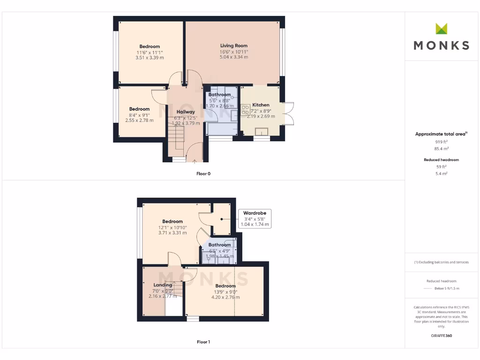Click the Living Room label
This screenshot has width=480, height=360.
[234, 46]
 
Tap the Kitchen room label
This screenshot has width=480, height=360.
[261, 105]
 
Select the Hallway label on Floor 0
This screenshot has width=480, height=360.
[186, 112]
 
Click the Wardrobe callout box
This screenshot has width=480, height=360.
[255, 219]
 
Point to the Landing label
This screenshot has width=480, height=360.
[163, 285]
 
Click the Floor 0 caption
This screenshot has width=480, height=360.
[203, 173]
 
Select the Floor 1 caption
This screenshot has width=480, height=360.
[203, 342]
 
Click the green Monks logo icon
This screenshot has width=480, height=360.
[441, 29]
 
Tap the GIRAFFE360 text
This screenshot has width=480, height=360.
[441, 336]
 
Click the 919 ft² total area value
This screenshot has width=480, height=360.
[441, 142]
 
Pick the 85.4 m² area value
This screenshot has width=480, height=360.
[441, 149]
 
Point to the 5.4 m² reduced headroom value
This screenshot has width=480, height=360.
[441, 173]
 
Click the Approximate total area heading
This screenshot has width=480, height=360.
[441, 134]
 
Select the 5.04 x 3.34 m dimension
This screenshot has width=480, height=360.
[234, 57]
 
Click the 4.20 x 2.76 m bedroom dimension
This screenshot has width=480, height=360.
[225, 297]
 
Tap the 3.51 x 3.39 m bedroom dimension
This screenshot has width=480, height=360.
[149, 58]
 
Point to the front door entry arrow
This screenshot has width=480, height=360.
[195, 161]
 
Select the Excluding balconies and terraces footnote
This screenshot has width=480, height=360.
[441, 262]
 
